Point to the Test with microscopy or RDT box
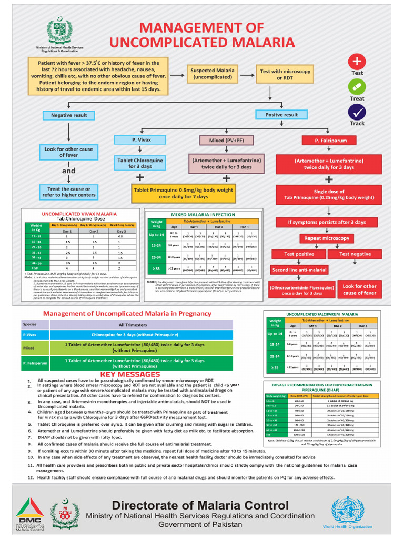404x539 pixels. click(286, 74)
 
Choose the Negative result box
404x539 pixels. click(69, 115)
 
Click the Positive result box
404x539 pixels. click(281, 115)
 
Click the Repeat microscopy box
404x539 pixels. click(326, 238)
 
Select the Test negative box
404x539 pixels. click(355, 254)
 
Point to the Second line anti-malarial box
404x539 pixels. click(299, 269)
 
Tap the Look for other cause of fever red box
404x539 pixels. click(360, 290)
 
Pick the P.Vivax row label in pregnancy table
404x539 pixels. click(30, 335)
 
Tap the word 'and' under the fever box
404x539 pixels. click(69, 171)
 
